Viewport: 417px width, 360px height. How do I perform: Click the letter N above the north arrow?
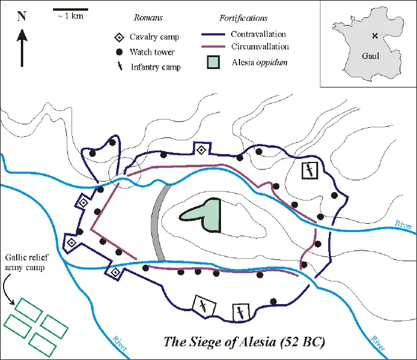(x=21, y=16)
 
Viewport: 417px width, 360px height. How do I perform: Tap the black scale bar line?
(x=70, y=10)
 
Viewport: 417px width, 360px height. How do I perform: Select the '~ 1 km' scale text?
(x=70, y=17)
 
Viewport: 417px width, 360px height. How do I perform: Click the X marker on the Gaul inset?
(x=374, y=36)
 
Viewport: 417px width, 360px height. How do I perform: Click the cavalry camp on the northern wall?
(x=202, y=149)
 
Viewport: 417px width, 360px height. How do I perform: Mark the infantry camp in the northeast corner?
(x=309, y=170)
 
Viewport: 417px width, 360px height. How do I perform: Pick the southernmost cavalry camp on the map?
(x=115, y=272)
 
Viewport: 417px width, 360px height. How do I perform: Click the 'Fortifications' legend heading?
(x=244, y=18)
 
